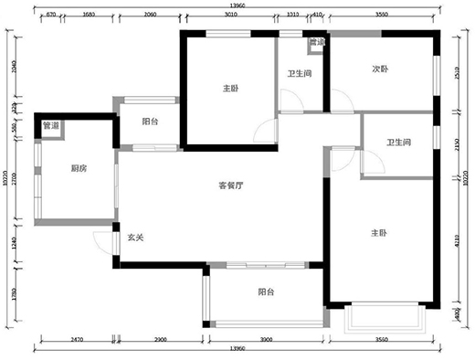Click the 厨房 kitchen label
coord(79,168)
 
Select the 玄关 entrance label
coord(136,238)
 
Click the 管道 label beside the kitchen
coord(50,126)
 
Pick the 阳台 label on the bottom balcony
coord(265,292)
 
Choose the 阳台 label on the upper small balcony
coord(151,122)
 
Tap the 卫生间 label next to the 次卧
coord(301,75)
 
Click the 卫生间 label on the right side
coord(398,143)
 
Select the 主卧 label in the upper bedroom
coord(230,89)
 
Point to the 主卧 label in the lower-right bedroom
coord(379,234)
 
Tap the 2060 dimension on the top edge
coord(151,15)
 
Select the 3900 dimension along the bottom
coord(266,340)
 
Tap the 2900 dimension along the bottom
coord(160,340)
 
